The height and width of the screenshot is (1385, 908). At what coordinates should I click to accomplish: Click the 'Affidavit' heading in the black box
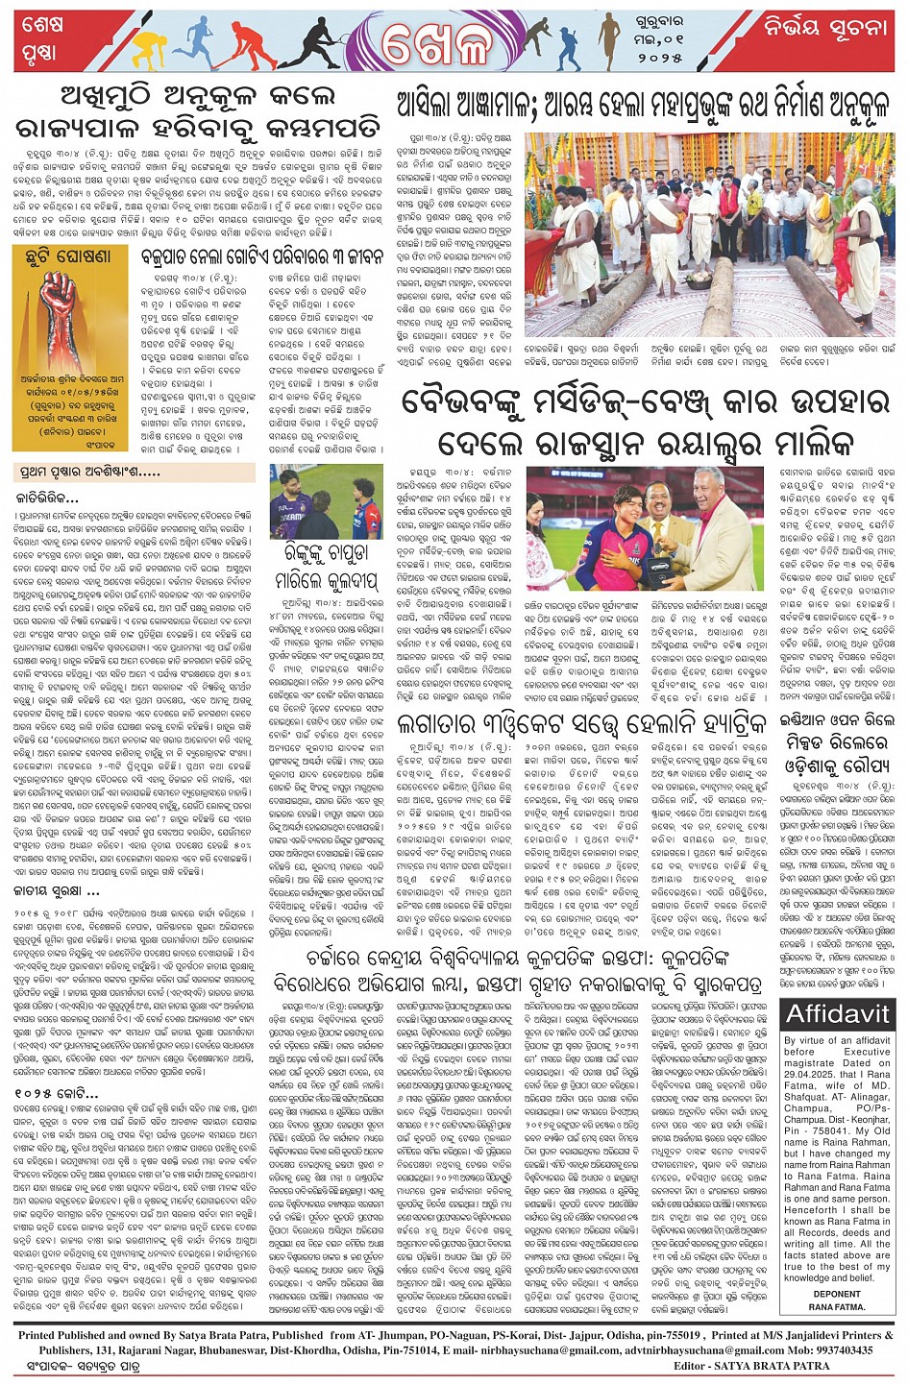click(x=838, y=1012)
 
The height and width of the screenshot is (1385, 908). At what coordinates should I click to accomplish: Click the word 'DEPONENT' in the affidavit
click(x=836, y=1294)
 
